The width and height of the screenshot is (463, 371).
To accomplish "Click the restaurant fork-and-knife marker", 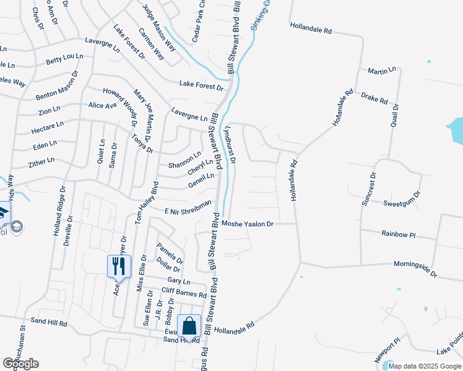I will coord(119,267).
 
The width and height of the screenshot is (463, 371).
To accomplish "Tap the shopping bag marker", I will coord(189,326).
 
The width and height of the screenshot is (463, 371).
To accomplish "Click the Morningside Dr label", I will coord(415,269).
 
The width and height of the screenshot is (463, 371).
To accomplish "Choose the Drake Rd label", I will coord(374,98).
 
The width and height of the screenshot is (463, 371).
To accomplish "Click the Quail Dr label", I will coord(394,116).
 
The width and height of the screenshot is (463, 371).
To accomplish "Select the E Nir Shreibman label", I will coord(188,207).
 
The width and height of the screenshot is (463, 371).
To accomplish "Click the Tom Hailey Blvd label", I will coord(147,203).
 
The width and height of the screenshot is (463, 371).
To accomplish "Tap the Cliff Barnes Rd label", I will coord(184,292).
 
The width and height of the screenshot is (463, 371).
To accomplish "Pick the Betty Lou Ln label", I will coord(64,59).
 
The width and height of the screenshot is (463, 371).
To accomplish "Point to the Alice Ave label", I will coord(103,106).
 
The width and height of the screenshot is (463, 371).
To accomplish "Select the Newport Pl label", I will coord(388,351).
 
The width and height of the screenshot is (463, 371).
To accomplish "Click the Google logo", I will coord(20,364).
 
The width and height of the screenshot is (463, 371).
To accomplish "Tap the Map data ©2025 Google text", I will coord(425,366).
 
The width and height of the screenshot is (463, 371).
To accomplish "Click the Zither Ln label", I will coord(41,163).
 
